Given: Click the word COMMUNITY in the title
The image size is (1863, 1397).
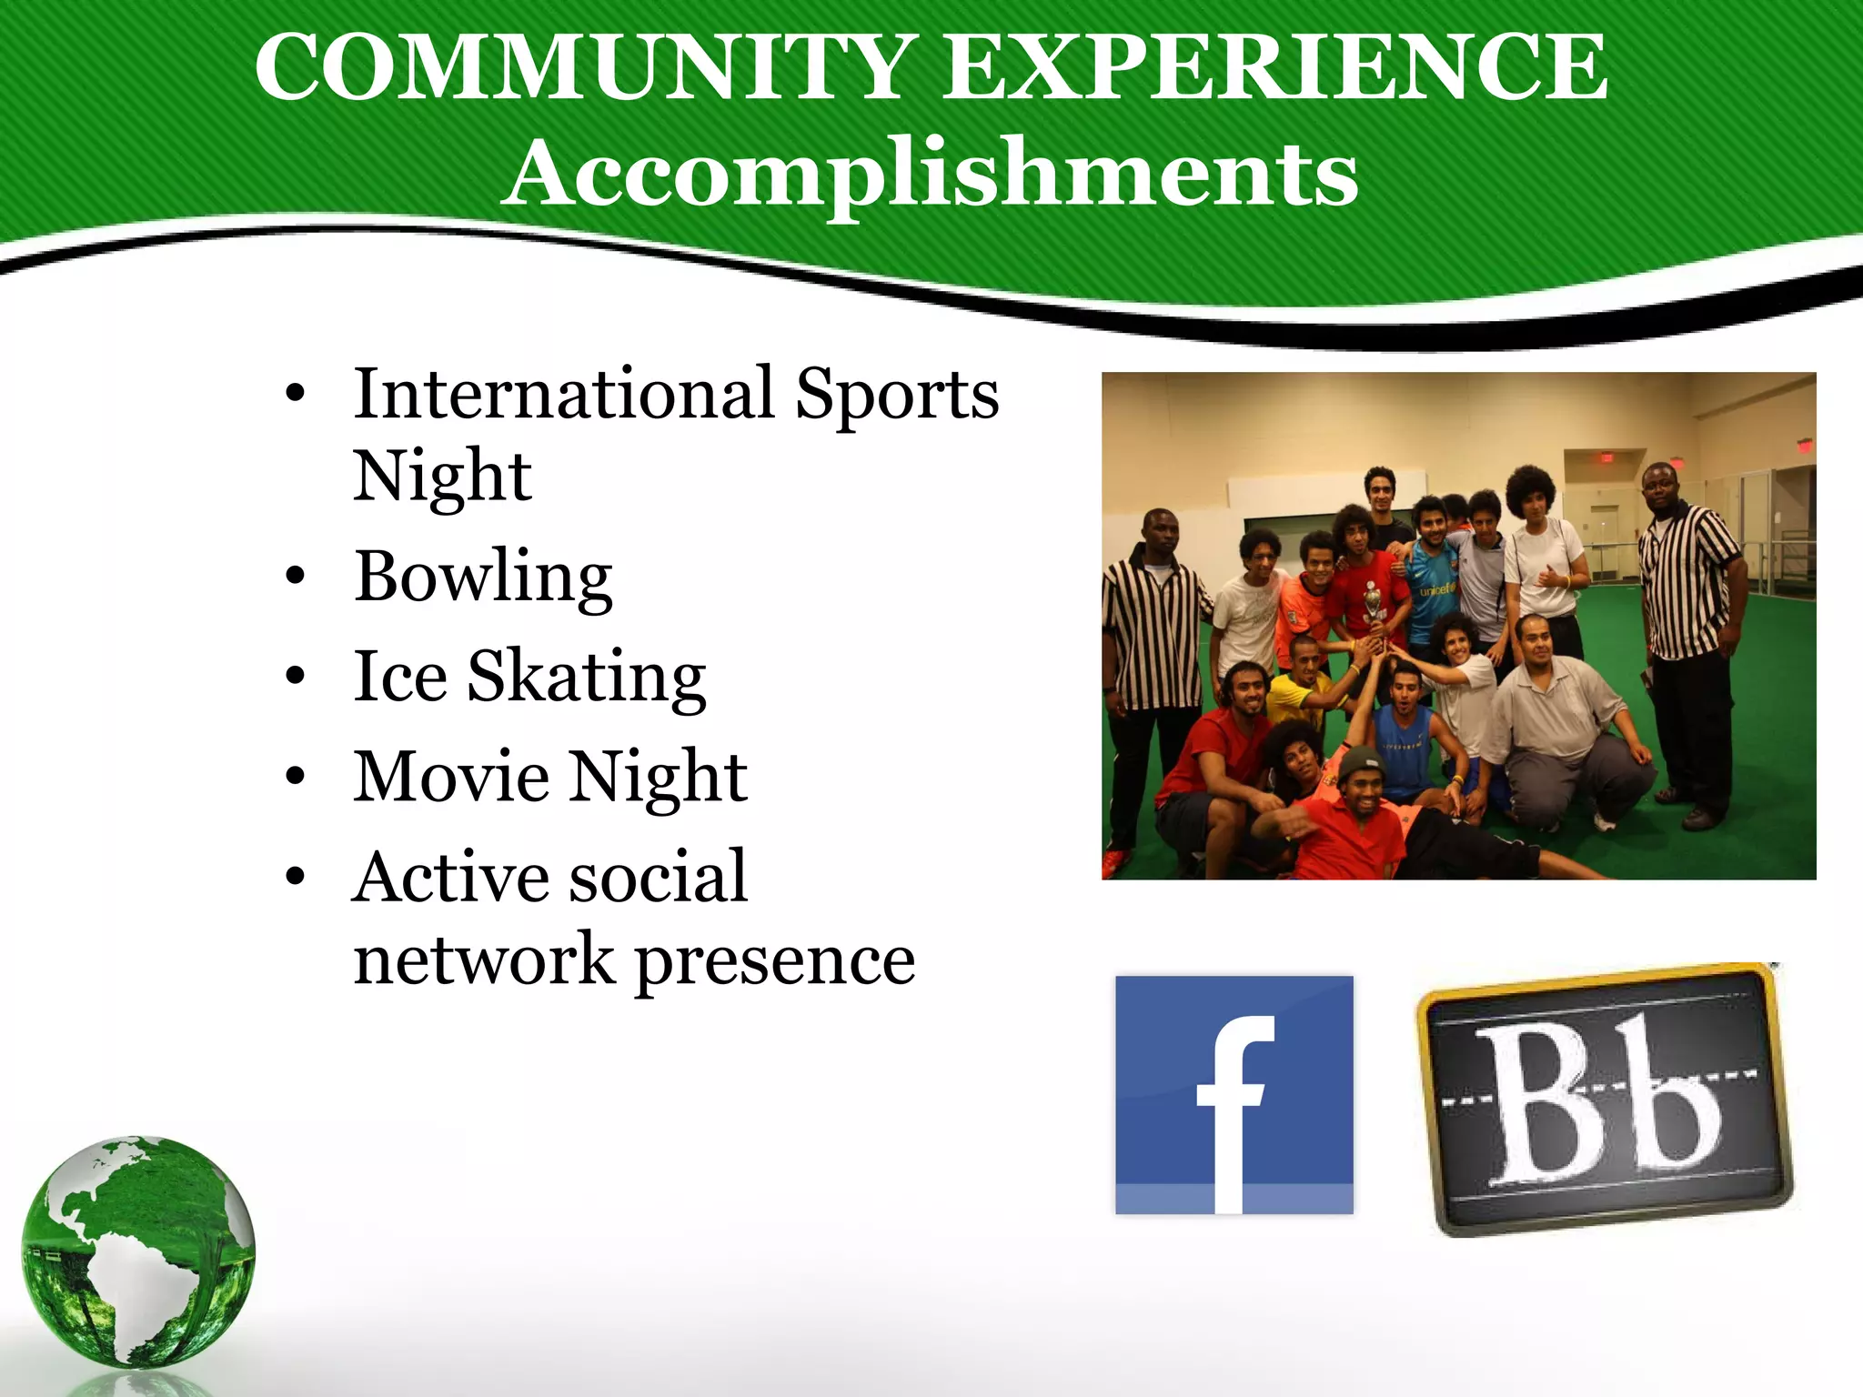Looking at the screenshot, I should coord(582,68).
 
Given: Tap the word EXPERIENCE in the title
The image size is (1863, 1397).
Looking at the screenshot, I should coord(1274,68).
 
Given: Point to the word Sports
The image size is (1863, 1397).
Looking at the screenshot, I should coord(897,396).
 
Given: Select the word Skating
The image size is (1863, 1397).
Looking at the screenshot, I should coord(587,678).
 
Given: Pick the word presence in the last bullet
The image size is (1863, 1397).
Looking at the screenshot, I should coord(774,962).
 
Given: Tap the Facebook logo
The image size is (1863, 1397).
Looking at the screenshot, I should coord(1234,1095).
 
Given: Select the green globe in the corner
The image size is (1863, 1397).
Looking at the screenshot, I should coord(138,1251).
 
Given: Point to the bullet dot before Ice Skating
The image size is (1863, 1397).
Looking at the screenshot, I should coord(294,678).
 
